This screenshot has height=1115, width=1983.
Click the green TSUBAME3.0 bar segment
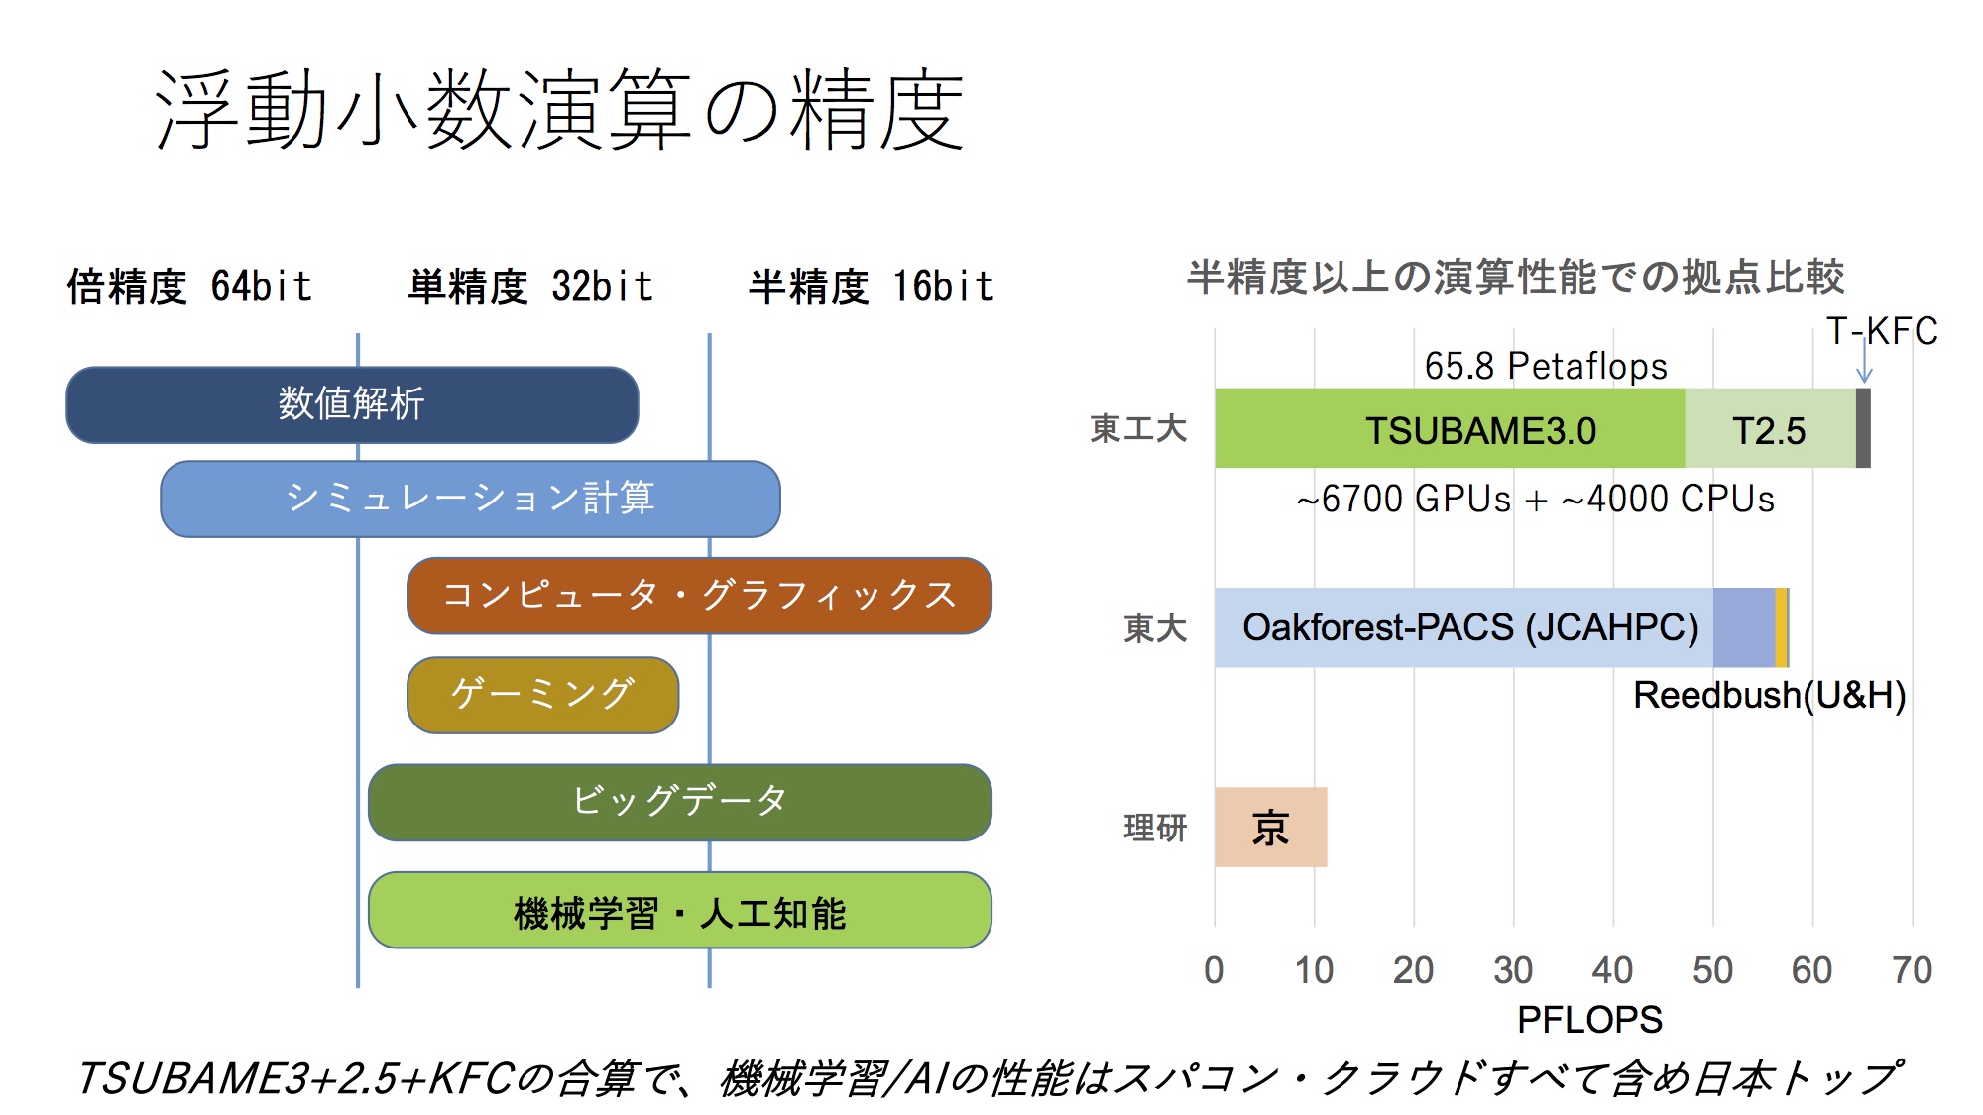(x=1450, y=428)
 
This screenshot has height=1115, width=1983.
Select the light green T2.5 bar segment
(x=1770, y=428)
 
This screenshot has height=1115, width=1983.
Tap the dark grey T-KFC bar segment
(x=1863, y=428)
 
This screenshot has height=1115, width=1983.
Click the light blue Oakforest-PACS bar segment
(x=1463, y=627)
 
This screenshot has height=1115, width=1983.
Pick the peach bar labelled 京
(x=1271, y=827)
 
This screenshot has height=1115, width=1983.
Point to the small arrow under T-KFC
(x=1864, y=361)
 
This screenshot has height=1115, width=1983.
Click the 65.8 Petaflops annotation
(x=1546, y=366)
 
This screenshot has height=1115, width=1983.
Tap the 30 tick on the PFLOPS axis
(x=1513, y=970)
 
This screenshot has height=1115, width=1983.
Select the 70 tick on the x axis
(x=1912, y=970)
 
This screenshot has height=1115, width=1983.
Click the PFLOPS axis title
(x=1589, y=1019)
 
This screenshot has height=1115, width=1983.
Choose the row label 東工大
(x=1138, y=428)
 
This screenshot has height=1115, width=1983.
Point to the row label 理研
(x=1155, y=827)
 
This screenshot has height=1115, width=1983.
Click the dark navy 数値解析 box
(x=352, y=404)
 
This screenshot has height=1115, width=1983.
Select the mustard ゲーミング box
(x=543, y=695)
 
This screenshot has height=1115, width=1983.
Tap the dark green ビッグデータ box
(x=680, y=802)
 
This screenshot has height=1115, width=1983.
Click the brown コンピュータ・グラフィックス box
(x=699, y=595)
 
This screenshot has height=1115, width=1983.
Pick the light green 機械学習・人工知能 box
(x=680, y=910)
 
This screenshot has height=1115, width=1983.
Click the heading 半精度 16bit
(x=871, y=286)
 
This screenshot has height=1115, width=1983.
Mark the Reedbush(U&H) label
(x=1770, y=695)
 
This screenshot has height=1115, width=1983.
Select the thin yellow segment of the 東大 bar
(x=1782, y=627)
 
